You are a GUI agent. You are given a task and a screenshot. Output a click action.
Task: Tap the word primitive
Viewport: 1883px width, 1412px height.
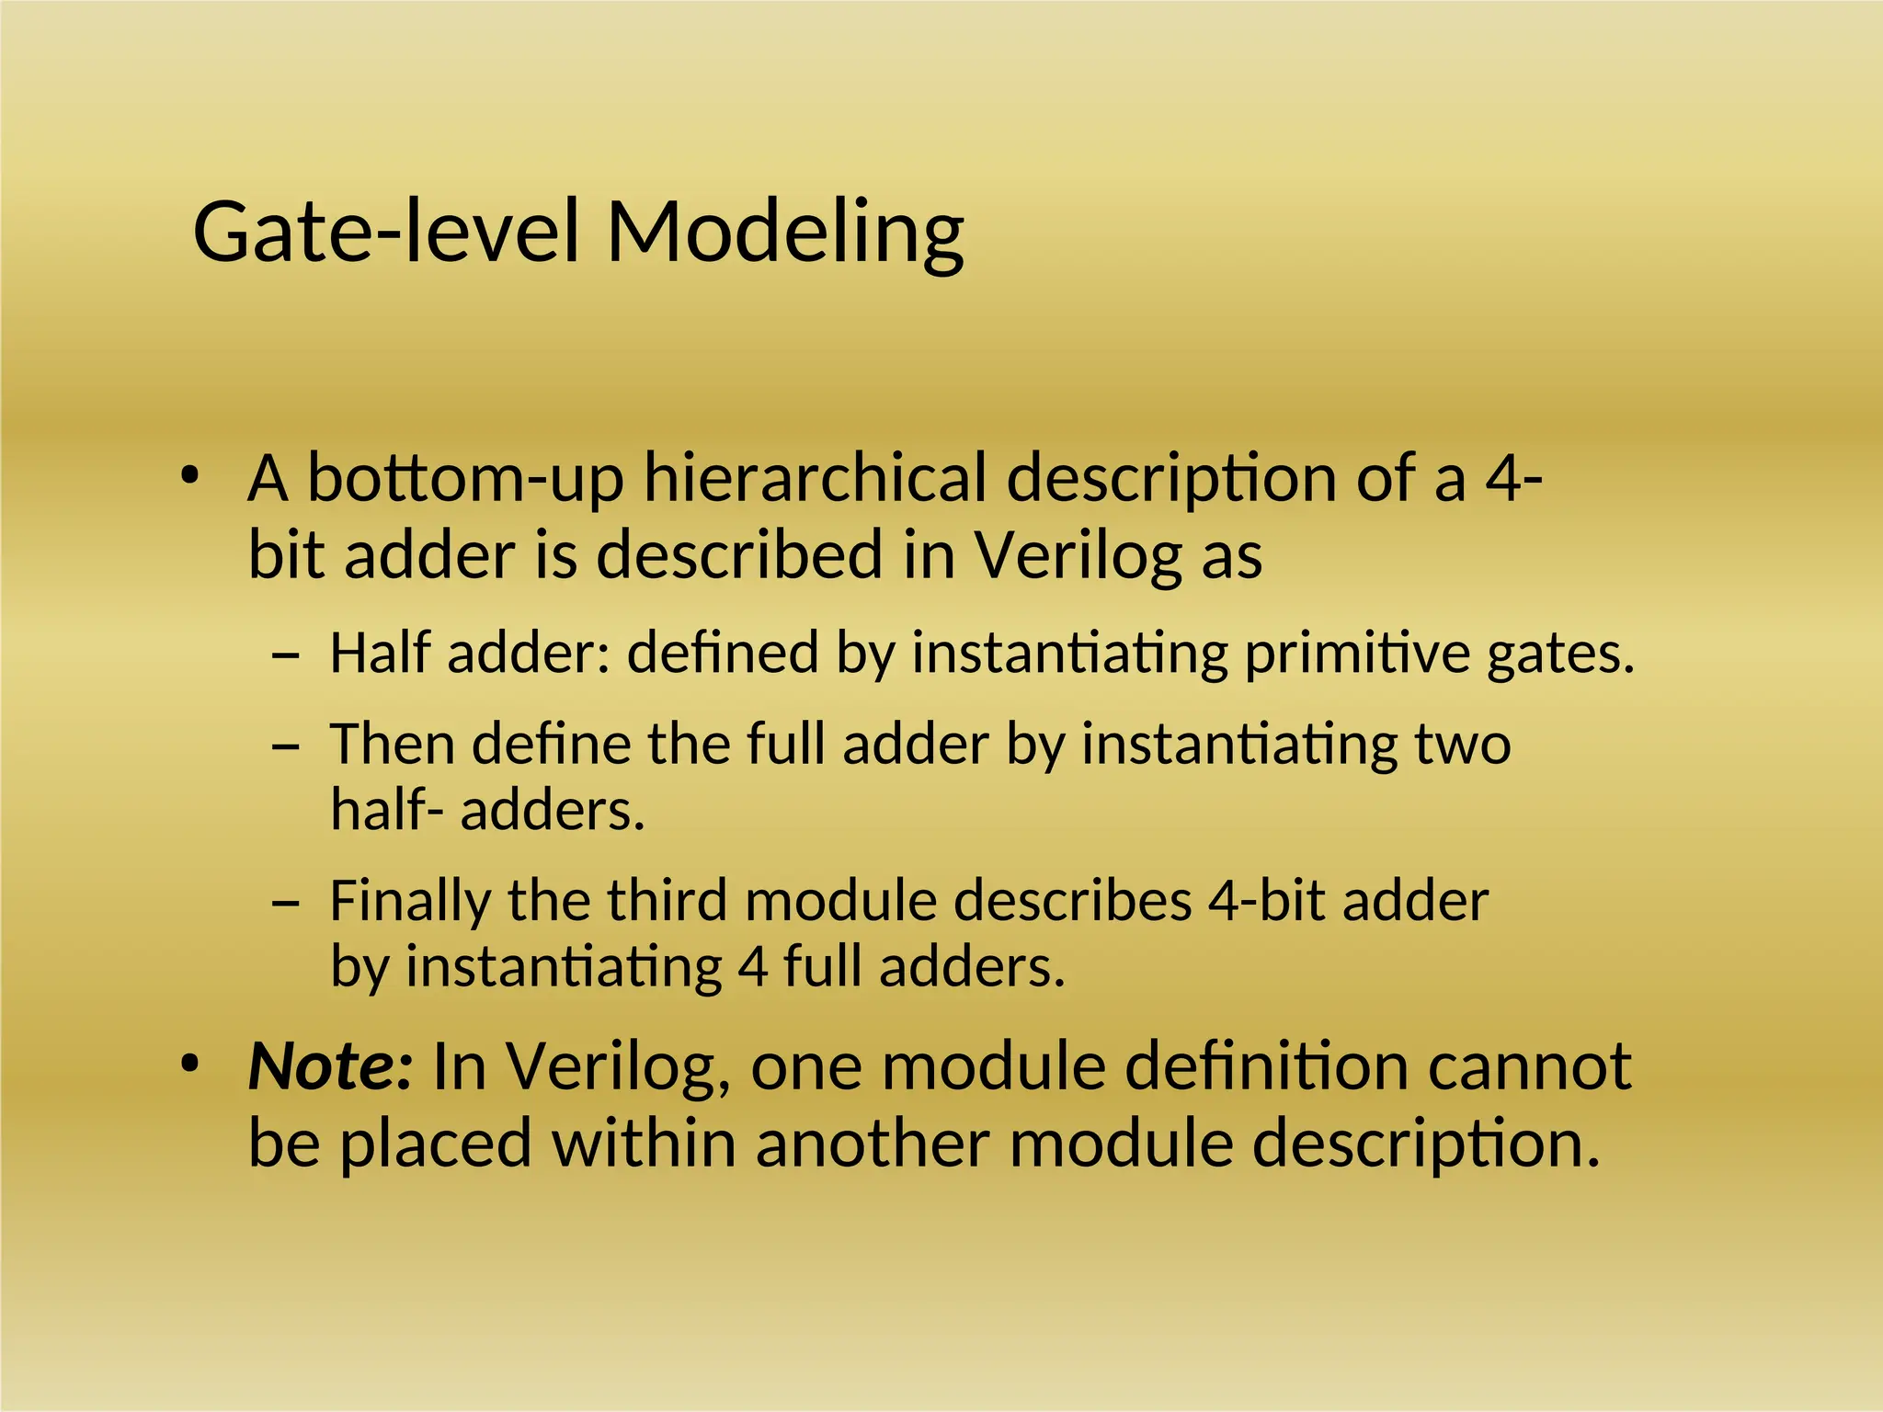pos(1356,654)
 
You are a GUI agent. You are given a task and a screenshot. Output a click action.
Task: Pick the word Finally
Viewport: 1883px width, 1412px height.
pos(409,902)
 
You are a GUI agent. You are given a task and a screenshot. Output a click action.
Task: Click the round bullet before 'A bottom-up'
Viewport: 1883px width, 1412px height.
pos(189,476)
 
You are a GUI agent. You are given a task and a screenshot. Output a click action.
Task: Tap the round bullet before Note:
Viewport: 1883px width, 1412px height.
pos(189,1065)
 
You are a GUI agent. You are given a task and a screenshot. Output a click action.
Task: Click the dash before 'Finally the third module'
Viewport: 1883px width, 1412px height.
pos(286,903)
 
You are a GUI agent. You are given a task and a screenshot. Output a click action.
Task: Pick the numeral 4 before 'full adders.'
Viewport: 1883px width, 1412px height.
pos(752,968)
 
